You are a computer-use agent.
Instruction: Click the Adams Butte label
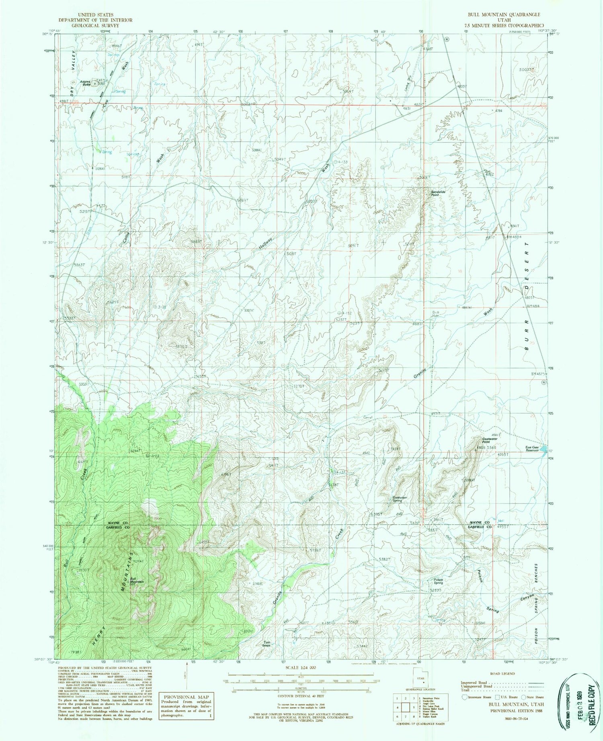point(85,83)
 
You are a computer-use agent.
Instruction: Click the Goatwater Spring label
point(400,499)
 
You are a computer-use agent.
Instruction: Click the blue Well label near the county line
point(500,518)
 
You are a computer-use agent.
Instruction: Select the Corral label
point(368,417)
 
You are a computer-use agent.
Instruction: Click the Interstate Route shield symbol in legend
point(465,697)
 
